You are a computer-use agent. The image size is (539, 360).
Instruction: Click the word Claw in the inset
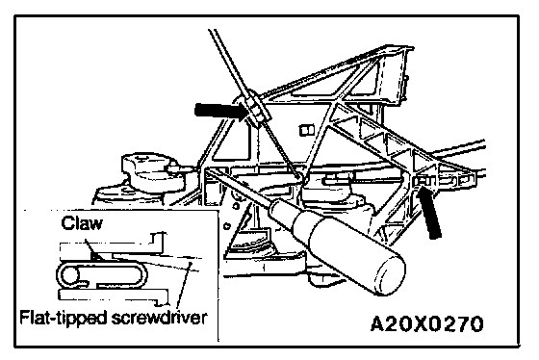tap(82, 223)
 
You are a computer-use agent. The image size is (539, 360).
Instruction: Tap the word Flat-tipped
tap(64, 317)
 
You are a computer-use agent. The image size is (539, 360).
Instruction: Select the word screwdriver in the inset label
tap(159, 317)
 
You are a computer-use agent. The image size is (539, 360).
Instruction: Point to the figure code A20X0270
tap(427, 323)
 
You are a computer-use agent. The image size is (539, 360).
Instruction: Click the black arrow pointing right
tap(221, 111)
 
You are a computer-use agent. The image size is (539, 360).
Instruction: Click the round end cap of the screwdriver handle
tap(390, 276)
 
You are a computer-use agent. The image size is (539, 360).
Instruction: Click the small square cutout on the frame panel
tap(307, 130)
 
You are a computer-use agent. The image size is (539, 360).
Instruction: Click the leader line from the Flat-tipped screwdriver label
tap(184, 284)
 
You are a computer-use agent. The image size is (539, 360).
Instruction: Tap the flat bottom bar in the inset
tap(114, 296)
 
